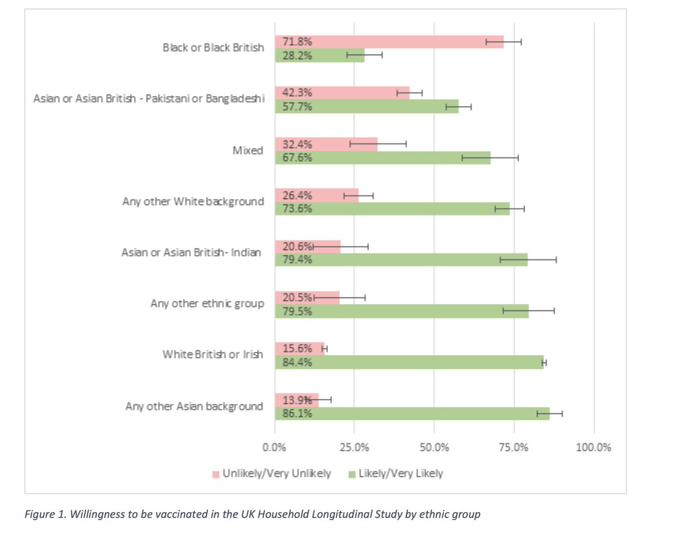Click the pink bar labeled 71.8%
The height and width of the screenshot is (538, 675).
(388, 42)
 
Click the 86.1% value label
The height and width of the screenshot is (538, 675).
(298, 414)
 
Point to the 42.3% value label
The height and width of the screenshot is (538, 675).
(298, 93)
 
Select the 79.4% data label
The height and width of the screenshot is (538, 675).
(298, 260)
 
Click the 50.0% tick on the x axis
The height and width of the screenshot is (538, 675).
(434, 447)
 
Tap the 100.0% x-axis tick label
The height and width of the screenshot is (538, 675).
(593, 447)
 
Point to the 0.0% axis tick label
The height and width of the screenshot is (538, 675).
(275, 447)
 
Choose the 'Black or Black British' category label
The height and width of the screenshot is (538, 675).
(213, 48)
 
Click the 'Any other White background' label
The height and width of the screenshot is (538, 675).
(193, 201)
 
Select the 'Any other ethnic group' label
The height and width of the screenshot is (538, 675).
(206, 304)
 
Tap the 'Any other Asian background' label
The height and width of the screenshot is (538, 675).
(194, 406)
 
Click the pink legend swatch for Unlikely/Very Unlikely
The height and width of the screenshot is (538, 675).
(215, 474)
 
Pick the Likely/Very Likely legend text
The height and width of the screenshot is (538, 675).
(400, 474)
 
